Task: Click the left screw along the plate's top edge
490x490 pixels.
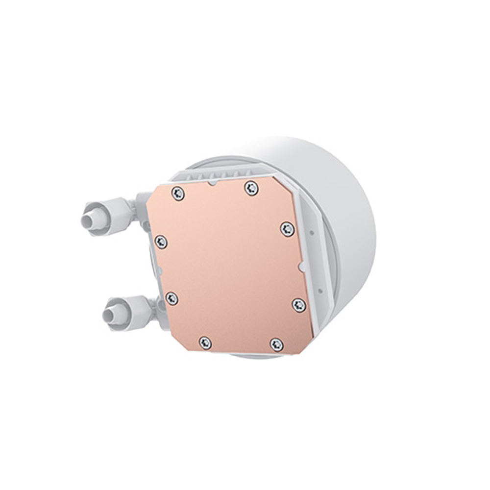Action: point(178,194)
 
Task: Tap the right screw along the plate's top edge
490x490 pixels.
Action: point(251,188)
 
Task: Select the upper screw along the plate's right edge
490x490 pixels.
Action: point(287,229)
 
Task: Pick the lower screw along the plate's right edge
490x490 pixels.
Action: point(299,305)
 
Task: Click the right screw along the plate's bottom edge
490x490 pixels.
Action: point(276,344)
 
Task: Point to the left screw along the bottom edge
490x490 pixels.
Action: point(205,343)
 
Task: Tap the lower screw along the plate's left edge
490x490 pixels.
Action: point(171,298)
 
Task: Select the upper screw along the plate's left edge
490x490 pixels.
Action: point(161,242)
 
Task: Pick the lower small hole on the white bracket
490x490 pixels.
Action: point(320,290)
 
